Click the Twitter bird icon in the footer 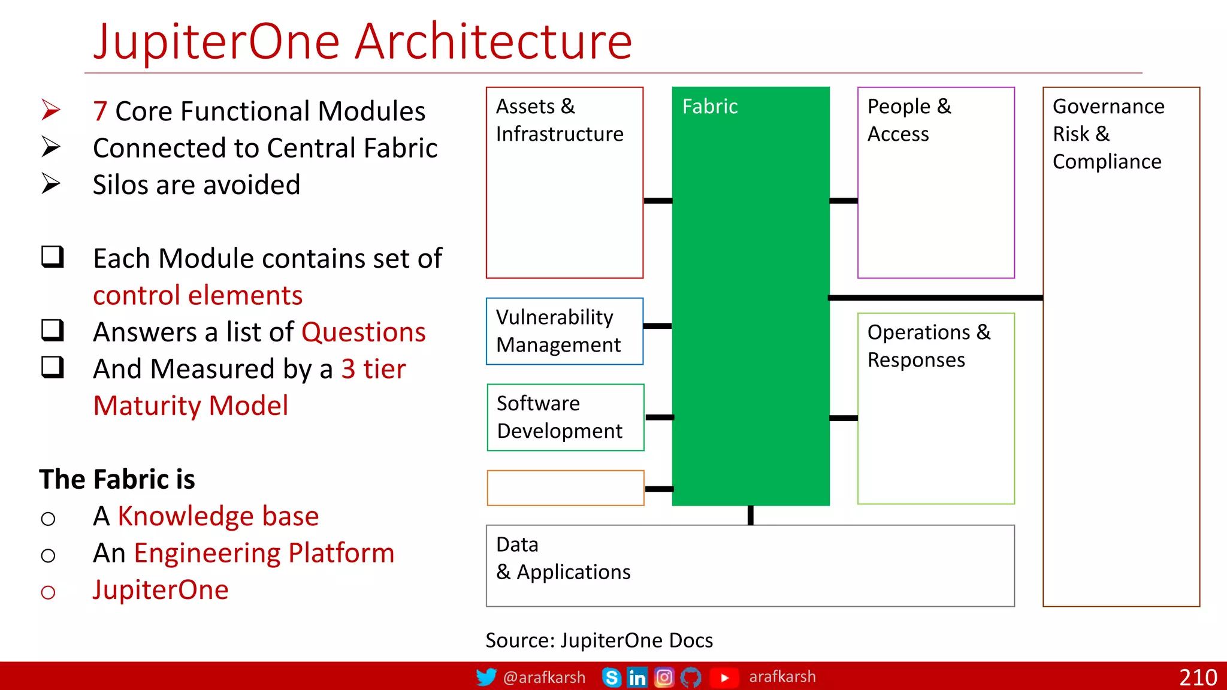486,677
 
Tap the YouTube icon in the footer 724,677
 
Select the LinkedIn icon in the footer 637,677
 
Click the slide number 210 1198,677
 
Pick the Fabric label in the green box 710,107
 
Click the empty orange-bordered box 566,488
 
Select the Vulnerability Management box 564,331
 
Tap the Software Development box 566,417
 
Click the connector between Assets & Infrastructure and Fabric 658,201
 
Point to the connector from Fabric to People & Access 844,201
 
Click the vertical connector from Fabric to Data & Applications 750,515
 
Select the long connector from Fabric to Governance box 935,298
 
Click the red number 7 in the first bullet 100,111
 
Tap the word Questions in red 363,332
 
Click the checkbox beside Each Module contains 53,257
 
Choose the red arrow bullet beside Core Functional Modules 51,110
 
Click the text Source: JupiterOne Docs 599,640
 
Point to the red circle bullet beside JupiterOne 48,592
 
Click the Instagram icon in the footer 664,677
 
